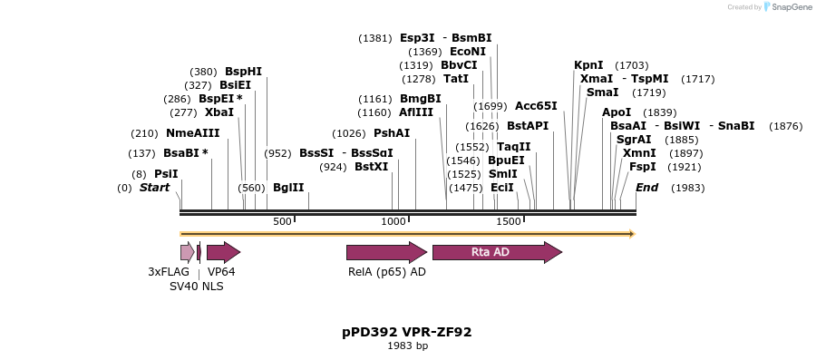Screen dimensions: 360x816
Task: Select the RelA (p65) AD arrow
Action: [386, 252]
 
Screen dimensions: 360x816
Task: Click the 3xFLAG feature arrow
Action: [187, 252]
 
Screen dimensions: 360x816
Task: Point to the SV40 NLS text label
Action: [197, 287]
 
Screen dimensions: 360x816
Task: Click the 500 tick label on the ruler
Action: [282, 222]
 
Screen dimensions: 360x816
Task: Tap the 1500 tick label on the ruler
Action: [509, 222]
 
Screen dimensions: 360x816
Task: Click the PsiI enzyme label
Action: [166, 173]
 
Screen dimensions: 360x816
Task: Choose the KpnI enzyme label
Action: [588, 65]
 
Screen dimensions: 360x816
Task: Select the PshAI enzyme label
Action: [392, 133]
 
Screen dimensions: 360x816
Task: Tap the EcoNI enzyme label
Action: [468, 52]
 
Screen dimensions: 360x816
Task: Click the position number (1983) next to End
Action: [687, 188]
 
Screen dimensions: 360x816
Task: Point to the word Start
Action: [154, 188]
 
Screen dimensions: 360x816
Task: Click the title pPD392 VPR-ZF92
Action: [407, 332]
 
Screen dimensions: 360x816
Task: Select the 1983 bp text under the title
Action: [407, 345]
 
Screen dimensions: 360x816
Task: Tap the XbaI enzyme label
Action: [219, 112]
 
